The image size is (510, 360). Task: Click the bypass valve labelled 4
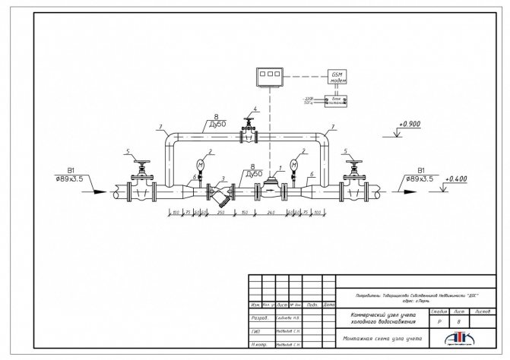(x=248, y=134)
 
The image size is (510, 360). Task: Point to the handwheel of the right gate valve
(x=351, y=162)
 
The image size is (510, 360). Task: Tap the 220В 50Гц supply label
(x=309, y=100)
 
